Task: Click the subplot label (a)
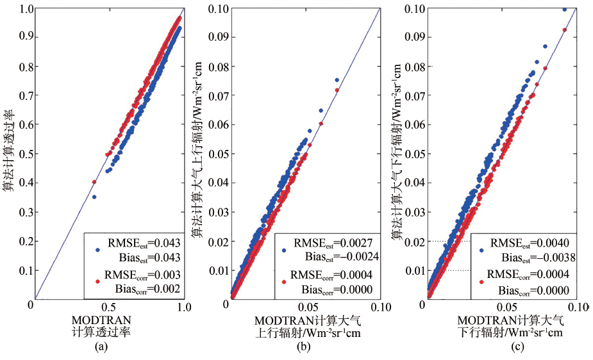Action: click(99, 347)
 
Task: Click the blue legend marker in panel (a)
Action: click(96, 250)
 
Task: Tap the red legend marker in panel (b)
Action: click(283, 281)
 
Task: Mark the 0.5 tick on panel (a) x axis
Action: click(109, 307)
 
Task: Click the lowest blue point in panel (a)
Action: click(94, 197)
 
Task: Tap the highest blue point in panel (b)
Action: click(337, 80)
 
